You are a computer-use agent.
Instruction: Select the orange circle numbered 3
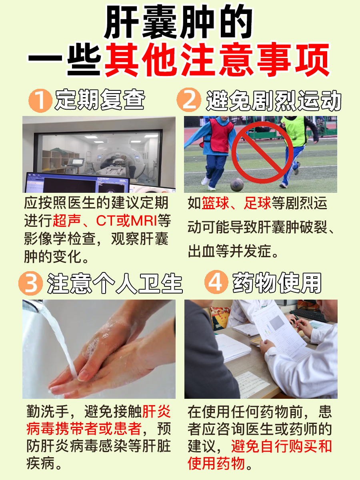pyautogui.click(x=31, y=283)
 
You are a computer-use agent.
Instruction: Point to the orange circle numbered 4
pyautogui.click(x=216, y=283)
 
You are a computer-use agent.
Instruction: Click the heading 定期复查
pyautogui.click(x=100, y=100)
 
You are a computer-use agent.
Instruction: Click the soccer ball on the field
pyautogui.click(x=236, y=184)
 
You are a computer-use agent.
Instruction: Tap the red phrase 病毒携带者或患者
pyautogui.click(x=84, y=428)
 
